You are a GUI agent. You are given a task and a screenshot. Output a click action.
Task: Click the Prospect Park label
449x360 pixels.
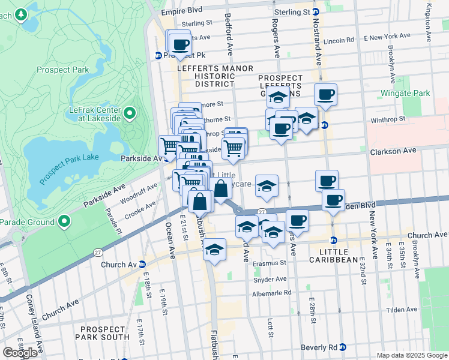62,70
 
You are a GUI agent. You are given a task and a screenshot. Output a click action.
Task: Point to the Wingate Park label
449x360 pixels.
405,94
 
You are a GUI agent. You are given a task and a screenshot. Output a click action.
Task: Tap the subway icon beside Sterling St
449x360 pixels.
315,12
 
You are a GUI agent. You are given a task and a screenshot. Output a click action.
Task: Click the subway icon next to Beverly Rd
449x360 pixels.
342,347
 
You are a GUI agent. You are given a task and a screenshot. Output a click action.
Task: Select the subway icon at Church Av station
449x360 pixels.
142,264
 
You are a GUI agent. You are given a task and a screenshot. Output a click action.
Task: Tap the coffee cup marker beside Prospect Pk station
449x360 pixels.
179,43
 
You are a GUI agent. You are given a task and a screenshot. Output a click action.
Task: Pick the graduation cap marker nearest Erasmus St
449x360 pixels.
214,250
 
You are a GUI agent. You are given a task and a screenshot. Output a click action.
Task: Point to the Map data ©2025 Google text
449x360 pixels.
412,355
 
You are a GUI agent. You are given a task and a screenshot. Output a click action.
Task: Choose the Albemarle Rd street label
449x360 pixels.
271,293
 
